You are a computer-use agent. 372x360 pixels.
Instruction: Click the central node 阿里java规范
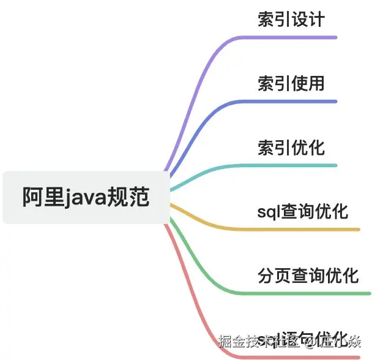pos(86,197)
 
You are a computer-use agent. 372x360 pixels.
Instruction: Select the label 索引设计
pos(291,19)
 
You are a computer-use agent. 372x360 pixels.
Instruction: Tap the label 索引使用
pos(291,83)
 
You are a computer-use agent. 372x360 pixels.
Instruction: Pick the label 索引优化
pos(291,148)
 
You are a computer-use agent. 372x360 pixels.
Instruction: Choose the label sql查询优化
pos(303,212)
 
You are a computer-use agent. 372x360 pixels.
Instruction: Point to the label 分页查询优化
pos(308,276)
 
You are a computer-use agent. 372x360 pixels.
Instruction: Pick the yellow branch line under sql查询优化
pos(300,230)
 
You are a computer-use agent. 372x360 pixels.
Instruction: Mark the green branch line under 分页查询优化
pos(306,293)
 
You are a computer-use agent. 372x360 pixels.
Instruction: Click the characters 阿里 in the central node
pos(43,197)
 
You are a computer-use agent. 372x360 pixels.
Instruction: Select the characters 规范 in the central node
pos(128,197)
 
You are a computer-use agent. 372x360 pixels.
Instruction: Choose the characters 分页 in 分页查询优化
pos(274,276)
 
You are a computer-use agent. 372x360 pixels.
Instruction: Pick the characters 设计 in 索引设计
pos(308,19)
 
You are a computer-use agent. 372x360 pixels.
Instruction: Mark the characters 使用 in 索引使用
pos(308,83)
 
